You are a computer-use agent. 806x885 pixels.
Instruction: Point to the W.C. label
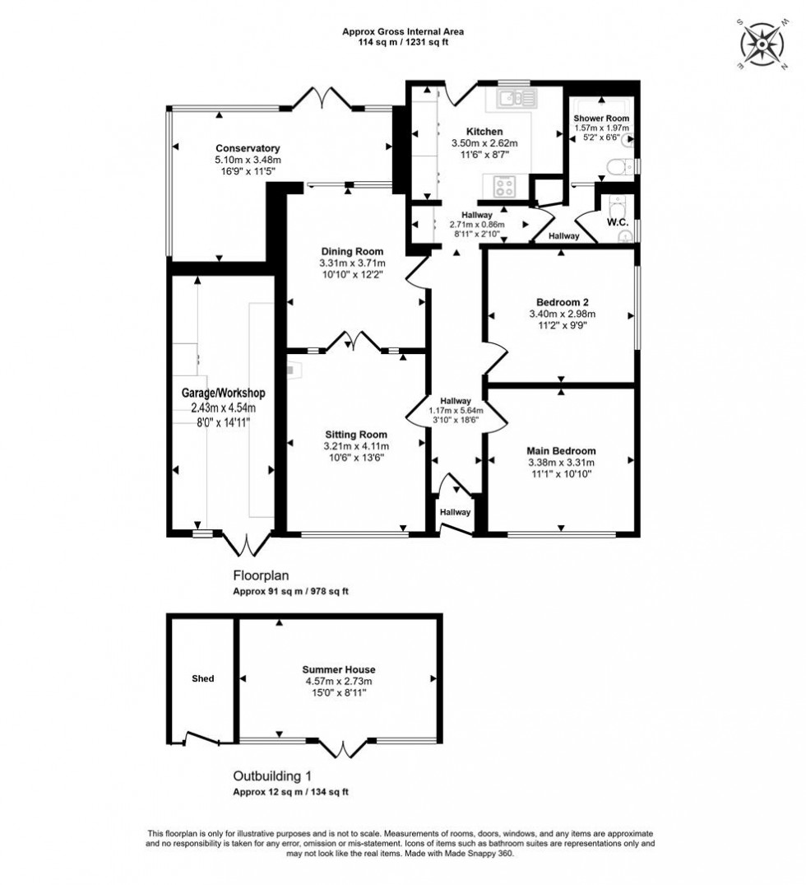(617, 222)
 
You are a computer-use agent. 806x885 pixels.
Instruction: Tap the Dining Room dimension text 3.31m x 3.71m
(352, 263)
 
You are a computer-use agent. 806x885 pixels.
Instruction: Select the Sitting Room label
(355, 434)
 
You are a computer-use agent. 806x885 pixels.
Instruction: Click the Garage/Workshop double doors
(247, 543)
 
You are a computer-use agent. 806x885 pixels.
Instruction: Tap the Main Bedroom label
(561, 450)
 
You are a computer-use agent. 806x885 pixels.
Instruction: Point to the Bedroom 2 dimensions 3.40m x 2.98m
(561, 313)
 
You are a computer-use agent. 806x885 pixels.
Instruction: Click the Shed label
(202, 678)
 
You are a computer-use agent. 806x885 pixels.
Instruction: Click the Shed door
(202, 739)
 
